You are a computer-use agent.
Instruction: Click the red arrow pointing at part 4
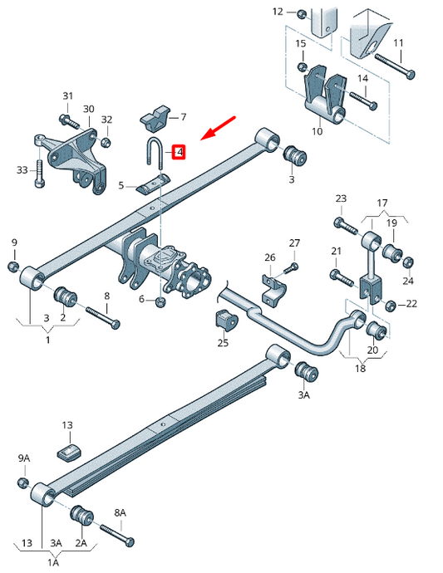coord(219,128)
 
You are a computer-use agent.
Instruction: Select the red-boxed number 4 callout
coord(179,152)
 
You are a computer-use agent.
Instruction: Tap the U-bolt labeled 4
coord(155,153)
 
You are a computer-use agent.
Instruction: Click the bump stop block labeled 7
coord(155,118)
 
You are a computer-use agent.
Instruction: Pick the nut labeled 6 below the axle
coord(160,301)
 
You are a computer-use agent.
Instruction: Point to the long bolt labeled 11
coord(395,66)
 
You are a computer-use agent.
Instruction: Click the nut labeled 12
coord(301,14)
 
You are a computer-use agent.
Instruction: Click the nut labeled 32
coord(106,142)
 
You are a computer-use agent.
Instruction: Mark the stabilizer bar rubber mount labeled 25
coord(226,321)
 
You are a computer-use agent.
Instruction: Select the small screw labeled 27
coord(291,268)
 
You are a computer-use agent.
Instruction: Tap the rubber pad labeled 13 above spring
coord(69,453)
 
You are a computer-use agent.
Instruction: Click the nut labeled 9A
coord(22,482)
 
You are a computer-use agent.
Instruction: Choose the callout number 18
coord(361,368)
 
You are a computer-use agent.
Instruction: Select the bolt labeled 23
coord(346,226)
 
